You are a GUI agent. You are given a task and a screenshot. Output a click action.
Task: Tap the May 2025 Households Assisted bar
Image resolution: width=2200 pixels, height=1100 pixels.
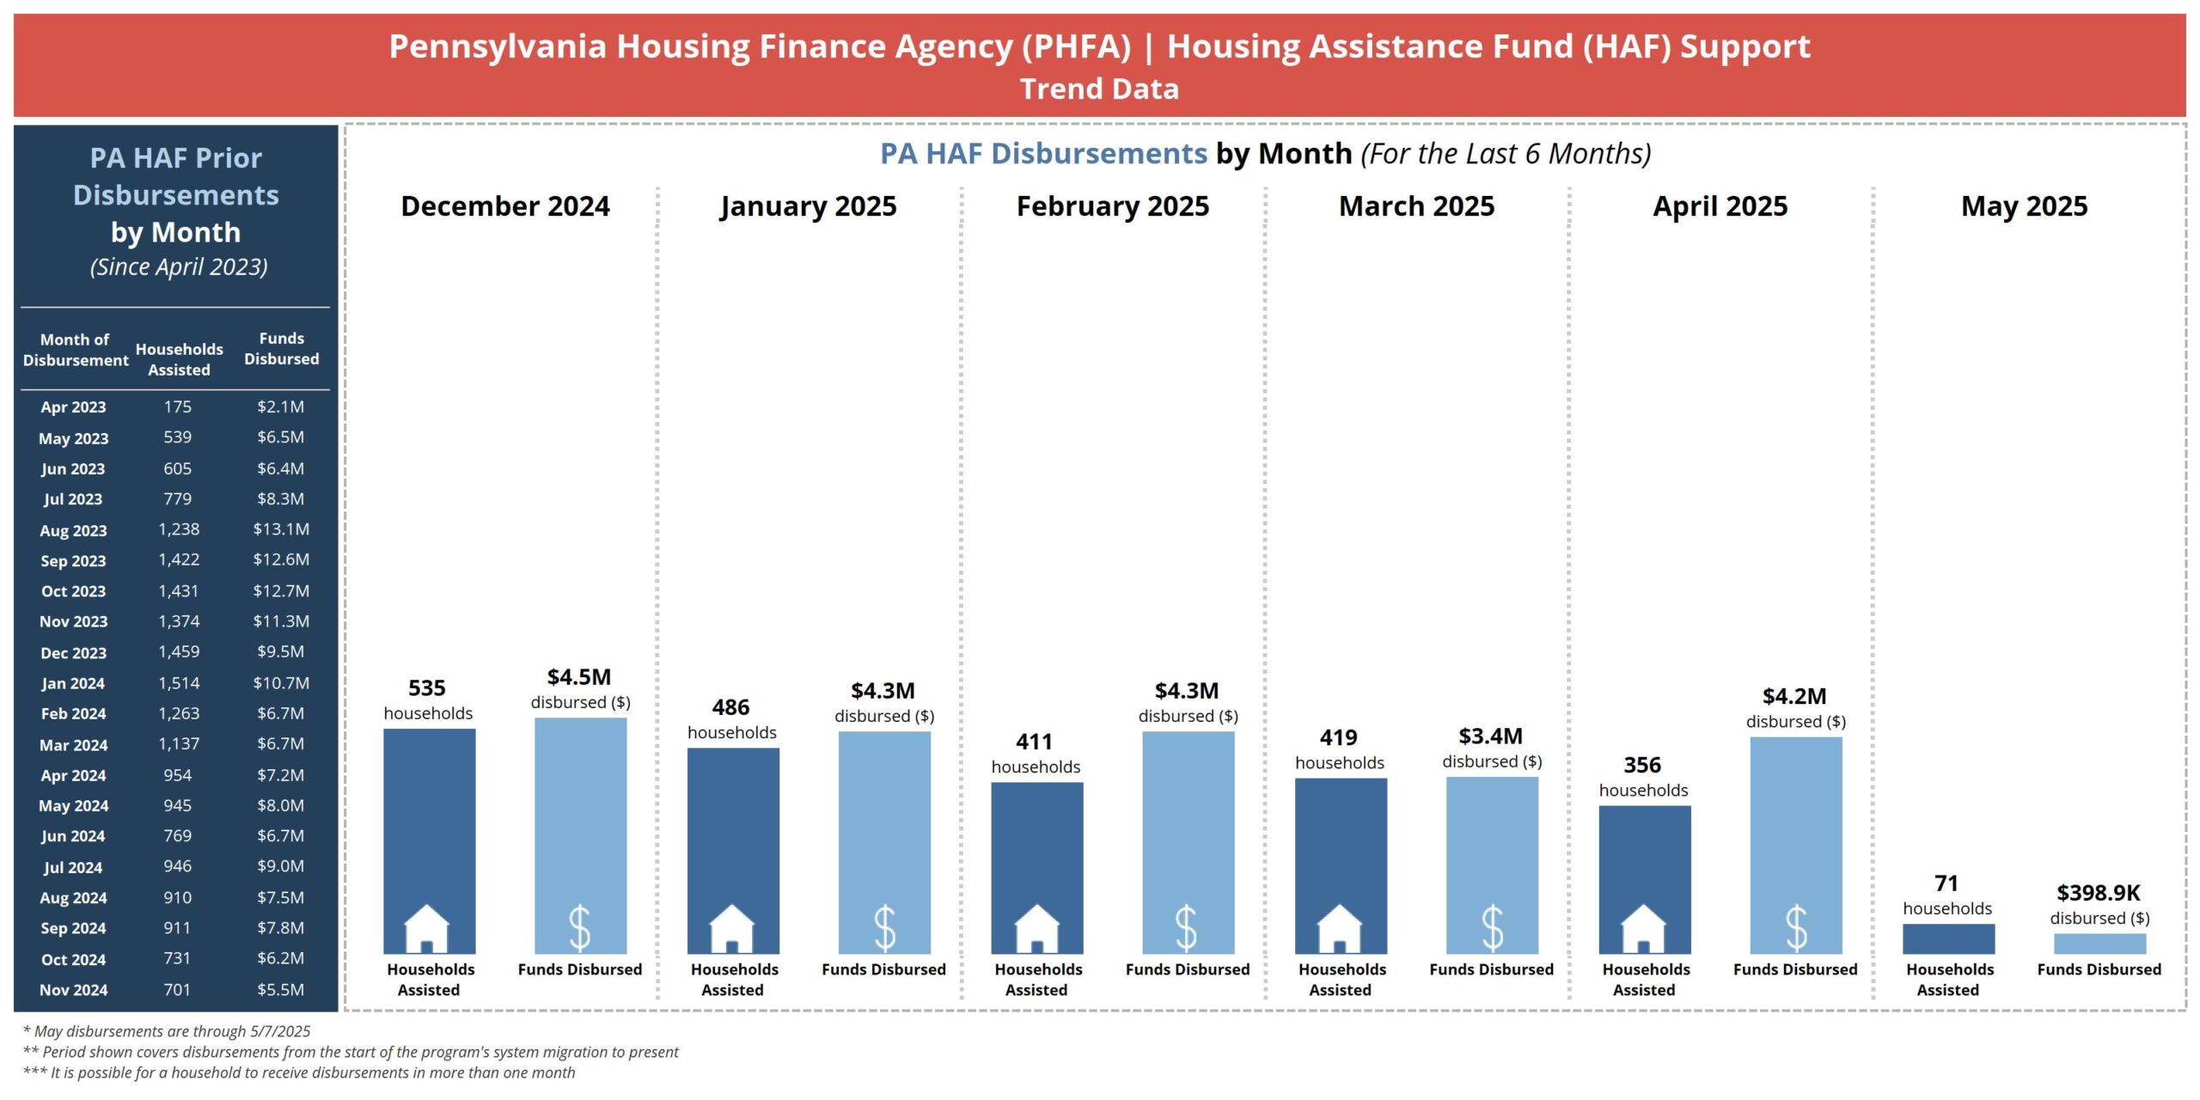click(x=1948, y=938)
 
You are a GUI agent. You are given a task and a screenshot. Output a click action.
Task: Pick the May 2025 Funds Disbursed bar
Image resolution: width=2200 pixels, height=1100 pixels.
click(x=2099, y=944)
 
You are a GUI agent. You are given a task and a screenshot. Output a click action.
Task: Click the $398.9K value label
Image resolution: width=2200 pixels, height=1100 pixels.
click(x=2098, y=893)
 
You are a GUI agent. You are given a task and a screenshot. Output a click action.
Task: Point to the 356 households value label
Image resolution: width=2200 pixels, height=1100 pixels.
click(x=1642, y=765)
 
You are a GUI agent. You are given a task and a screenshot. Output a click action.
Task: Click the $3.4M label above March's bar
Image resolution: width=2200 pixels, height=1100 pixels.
click(x=1490, y=736)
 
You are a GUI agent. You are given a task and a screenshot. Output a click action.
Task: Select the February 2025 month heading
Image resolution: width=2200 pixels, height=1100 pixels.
click(x=1112, y=206)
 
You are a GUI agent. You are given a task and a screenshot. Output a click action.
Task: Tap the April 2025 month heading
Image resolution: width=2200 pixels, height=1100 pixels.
click(x=1720, y=206)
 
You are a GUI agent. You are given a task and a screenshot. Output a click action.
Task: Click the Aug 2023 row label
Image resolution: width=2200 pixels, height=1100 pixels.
click(x=73, y=530)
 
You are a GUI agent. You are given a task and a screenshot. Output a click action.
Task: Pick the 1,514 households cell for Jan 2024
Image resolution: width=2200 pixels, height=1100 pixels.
click(x=179, y=683)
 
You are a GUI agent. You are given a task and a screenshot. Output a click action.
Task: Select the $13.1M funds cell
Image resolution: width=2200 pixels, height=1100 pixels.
click(x=281, y=529)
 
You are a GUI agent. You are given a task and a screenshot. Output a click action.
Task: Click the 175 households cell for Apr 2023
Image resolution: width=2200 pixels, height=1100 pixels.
click(x=178, y=406)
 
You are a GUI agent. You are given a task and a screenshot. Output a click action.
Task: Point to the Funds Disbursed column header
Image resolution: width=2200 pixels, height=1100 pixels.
click(x=281, y=349)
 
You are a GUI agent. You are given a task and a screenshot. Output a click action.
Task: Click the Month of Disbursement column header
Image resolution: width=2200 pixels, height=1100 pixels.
click(x=75, y=350)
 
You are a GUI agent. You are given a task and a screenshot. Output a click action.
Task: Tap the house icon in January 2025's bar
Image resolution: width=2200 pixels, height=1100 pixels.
click(x=732, y=928)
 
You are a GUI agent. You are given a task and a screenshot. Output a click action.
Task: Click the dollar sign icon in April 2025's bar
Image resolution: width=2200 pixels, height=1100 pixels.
click(x=1796, y=928)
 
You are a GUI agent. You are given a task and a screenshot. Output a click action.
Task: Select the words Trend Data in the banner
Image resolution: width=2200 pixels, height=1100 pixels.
click(x=1099, y=89)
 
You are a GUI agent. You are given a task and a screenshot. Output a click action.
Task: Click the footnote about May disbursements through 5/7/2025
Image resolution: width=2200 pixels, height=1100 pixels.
click(x=167, y=1031)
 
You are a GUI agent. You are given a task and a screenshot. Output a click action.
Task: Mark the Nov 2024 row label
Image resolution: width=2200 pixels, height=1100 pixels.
click(x=73, y=990)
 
